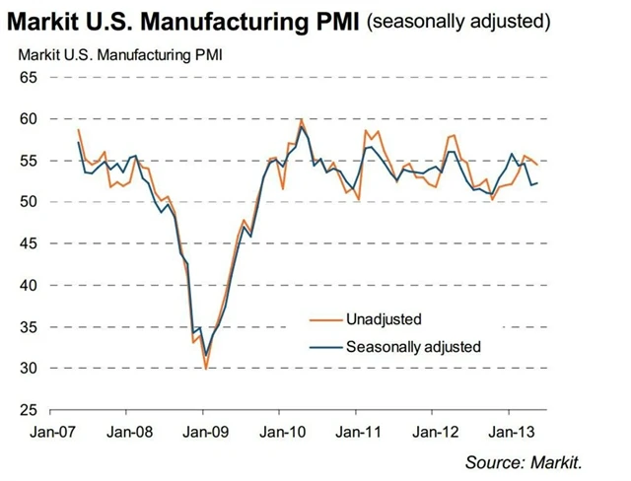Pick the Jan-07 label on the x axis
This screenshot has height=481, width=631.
coord(46,433)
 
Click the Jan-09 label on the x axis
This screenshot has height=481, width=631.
coord(202,433)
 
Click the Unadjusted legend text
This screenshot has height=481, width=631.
coord(384,319)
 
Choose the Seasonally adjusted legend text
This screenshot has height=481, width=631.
coord(413,346)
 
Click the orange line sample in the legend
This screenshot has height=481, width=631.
coord(317,319)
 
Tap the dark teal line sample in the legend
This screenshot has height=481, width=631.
coord(317,346)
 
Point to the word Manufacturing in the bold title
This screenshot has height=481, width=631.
coord(223,21)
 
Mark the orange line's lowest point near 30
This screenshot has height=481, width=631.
coord(205,368)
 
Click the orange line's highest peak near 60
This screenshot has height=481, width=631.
coord(300,119)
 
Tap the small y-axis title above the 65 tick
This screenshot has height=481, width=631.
coord(116,52)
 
